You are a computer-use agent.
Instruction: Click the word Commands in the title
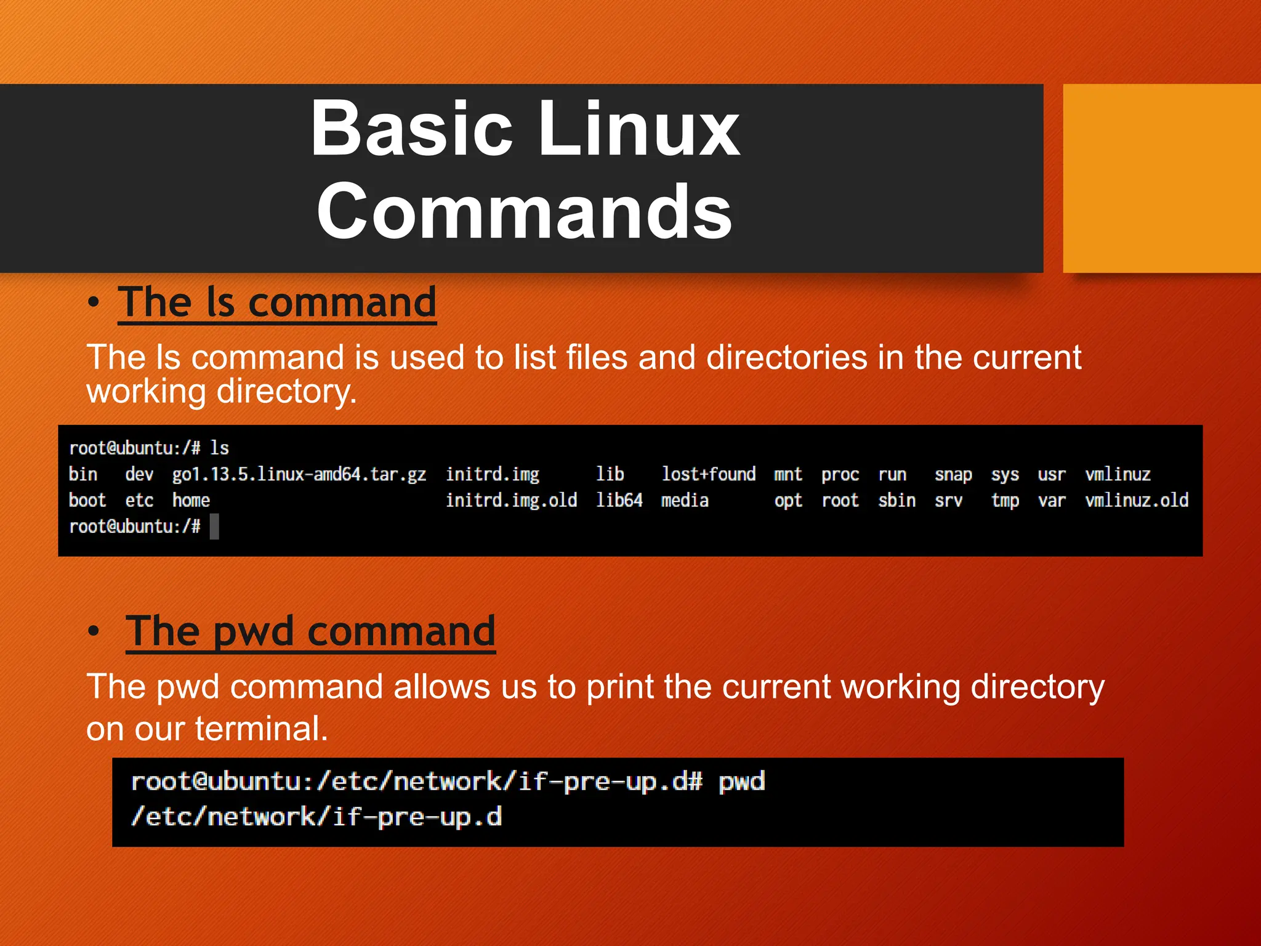point(525,212)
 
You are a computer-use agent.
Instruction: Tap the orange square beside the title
point(1161,178)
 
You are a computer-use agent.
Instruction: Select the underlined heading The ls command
point(277,302)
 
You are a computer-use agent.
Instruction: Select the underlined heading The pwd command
point(310,631)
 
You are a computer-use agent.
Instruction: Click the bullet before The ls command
point(93,302)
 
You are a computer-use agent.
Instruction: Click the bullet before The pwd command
point(93,631)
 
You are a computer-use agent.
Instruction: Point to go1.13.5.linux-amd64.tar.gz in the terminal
point(299,474)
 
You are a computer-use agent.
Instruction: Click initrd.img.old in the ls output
point(511,500)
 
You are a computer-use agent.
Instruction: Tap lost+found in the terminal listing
point(708,474)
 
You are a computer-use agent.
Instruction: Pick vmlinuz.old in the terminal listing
point(1136,500)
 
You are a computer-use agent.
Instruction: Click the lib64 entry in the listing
point(619,500)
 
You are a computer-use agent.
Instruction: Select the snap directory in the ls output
point(953,475)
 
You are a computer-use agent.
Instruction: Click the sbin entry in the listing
point(896,500)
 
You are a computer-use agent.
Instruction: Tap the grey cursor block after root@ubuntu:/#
point(214,527)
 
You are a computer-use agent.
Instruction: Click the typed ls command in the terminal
point(220,448)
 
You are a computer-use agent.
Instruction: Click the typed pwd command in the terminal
point(741,782)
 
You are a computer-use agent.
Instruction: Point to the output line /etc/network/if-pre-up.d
point(316,817)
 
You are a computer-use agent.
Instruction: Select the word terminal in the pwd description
point(261,729)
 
